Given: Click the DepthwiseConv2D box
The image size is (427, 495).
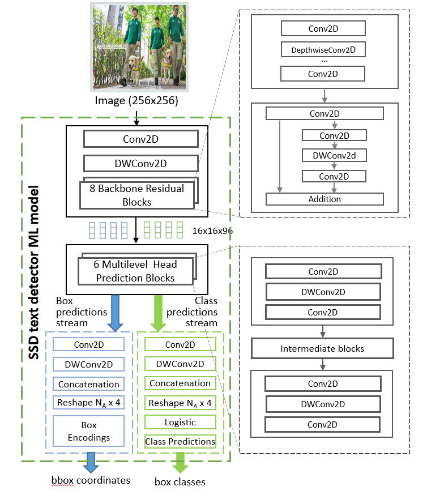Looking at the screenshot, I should coord(323,50).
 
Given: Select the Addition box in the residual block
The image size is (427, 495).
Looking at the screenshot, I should coord(324,199).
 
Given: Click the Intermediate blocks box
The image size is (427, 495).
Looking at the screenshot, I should coord(322,349).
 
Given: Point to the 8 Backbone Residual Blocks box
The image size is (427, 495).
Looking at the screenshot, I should coord(136,195).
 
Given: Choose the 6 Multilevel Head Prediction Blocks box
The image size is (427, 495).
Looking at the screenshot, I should coord(136,271).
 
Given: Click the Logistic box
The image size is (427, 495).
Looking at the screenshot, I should coord(180,422).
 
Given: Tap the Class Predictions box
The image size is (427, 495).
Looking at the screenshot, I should coord(180,441).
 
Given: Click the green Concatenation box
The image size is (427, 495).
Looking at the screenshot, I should coord(180,383).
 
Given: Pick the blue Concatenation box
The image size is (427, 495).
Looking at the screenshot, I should coord(89,384).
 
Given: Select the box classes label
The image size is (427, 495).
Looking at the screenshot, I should coord(180,482).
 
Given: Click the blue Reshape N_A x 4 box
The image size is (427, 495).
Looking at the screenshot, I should coord(89,403).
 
